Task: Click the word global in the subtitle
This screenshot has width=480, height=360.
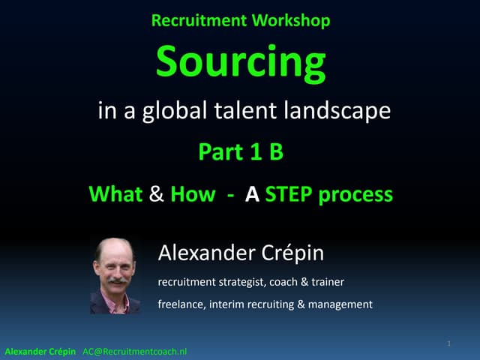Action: point(171,112)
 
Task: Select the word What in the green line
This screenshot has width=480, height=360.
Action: point(115,194)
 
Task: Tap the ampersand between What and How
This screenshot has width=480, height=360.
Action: point(156,194)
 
